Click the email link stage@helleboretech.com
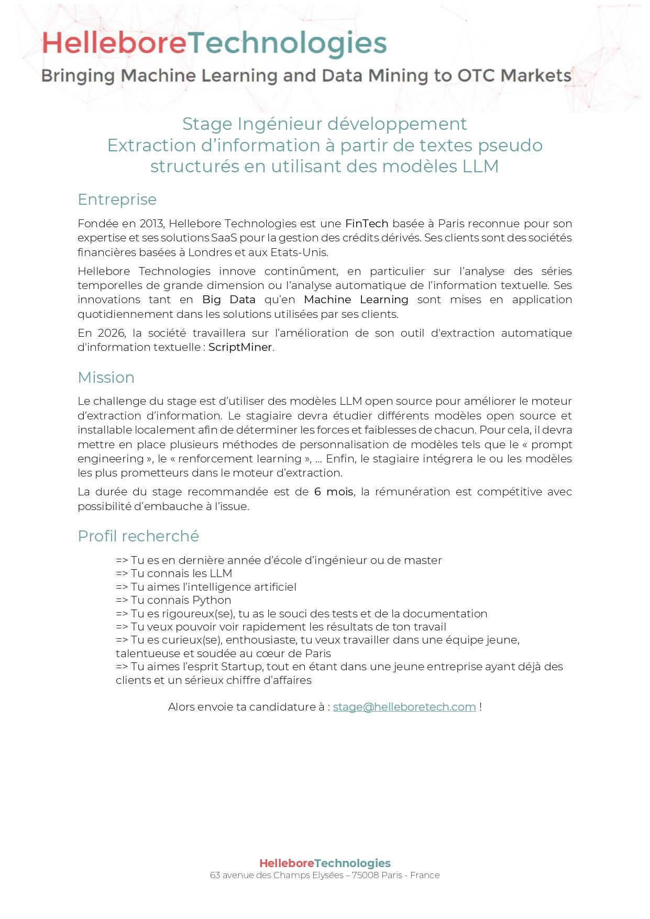point(404,707)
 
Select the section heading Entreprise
point(117,200)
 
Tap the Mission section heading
point(106,378)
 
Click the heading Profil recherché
point(138,536)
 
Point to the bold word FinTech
point(367,224)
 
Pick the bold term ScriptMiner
point(240,347)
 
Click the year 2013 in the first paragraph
point(151,224)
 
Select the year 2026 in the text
point(110,333)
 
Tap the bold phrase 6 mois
point(334,492)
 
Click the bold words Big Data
point(229,300)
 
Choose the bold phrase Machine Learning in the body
point(356,300)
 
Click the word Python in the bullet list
point(212,600)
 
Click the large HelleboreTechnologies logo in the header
point(214,43)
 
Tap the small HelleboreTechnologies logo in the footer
point(325,863)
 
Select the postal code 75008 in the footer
point(365,875)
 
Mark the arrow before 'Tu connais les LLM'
point(122,573)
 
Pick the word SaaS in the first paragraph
point(224,238)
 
